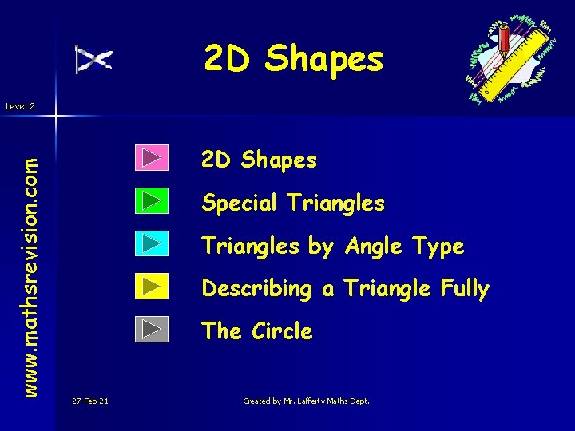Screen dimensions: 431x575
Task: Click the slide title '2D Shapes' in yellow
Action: coord(293,58)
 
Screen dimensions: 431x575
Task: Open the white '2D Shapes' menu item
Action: coord(259,160)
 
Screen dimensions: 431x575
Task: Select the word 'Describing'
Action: coord(256,289)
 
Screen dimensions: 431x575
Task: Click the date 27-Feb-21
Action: coord(89,401)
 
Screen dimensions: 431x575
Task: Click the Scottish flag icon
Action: coord(93,59)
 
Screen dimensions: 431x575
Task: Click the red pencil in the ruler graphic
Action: coord(505,40)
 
